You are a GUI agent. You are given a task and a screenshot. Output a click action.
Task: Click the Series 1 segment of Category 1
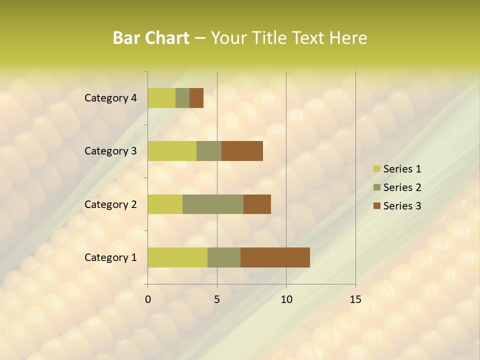(x=177, y=257)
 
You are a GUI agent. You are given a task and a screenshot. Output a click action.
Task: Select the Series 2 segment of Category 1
(x=224, y=257)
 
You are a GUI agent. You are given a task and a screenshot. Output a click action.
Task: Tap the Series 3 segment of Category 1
(x=275, y=257)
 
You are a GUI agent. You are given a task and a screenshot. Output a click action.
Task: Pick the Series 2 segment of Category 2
(x=213, y=204)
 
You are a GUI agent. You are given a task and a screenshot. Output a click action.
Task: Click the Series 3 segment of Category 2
(x=257, y=204)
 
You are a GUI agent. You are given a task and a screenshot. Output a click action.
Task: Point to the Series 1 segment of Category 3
(x=172, y=151)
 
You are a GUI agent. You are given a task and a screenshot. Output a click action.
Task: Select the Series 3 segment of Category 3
(x=242, y=151)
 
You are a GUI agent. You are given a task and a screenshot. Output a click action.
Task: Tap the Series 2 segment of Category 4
(x=182, y=98)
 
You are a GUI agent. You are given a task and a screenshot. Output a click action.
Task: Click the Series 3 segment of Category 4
(x=196, y=98)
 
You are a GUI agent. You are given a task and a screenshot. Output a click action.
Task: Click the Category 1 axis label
(x=110, y=257)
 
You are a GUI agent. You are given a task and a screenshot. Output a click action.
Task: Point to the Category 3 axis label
(x=110, y=151)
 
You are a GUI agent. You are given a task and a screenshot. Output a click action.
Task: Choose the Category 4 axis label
(x=110, y=98)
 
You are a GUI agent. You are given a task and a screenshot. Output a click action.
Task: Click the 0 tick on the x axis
(x=148, y=299)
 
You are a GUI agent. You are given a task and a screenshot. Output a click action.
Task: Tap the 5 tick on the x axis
(x=217, y=299)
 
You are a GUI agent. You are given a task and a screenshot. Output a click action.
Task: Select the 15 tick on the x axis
(x=355, y=299)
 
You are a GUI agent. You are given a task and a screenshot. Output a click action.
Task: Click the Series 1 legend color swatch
(x=376, y=169)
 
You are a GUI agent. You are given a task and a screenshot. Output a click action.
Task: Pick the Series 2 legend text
(x=402, y=187)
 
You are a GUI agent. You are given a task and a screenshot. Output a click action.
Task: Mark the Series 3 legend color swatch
(x=376, y=206)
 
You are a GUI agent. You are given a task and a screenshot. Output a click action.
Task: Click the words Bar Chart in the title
(x=151, y=37)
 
